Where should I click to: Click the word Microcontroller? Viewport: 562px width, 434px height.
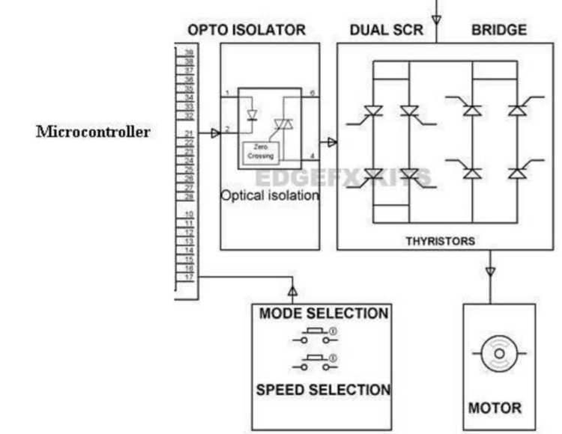[x=93, y=132]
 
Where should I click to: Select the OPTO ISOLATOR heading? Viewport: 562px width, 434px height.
[x=246, y=31]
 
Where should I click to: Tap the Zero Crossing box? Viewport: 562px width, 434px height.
[x=262, y=152]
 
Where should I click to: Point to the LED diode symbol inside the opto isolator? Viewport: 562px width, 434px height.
[x=252, y=115]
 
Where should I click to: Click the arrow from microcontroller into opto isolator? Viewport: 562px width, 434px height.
[x=215, y=133]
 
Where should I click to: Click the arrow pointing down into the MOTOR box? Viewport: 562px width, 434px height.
[x=490, y=272]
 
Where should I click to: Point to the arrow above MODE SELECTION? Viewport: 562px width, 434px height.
[x=293, y=290]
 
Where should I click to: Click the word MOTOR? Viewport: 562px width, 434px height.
[x=495, y=409]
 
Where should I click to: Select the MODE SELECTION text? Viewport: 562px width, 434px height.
[x=324, y=314]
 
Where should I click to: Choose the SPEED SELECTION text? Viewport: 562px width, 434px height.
[x=324, y=390]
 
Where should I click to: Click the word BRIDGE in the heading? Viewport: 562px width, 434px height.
[x=498, y=31]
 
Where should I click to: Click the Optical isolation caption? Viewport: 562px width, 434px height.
[x=270, y=195]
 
